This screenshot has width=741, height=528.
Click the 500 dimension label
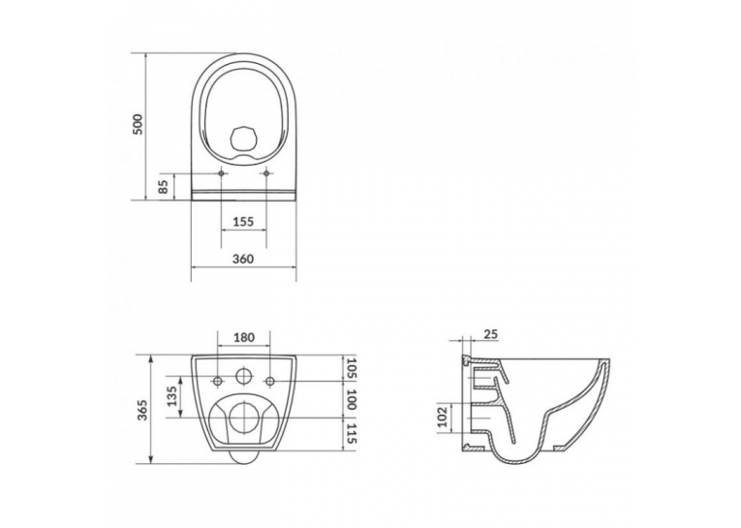pyautogui.click(x=137, y=124)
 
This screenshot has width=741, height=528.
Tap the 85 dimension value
pyautogui.click(x=164, y=187)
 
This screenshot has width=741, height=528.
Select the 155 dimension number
pyautogui.click(x=244, y=221)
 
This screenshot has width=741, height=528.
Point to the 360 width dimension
pyautogui.click(x=243, y=259)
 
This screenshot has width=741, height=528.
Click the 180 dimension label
pyautogui.click(x=244, y=337)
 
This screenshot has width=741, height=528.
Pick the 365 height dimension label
pyautogui.click(x=144, y=410)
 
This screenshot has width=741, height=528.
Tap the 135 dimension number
pyautogui.click(x=172, y=396)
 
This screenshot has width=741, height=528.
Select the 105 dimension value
pyautogui.click(x=351, y=368)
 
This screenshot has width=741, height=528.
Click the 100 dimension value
pyautogui.click(x=351, y=400)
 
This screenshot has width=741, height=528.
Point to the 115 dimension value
pyautogui.click(x=351, y=433)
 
